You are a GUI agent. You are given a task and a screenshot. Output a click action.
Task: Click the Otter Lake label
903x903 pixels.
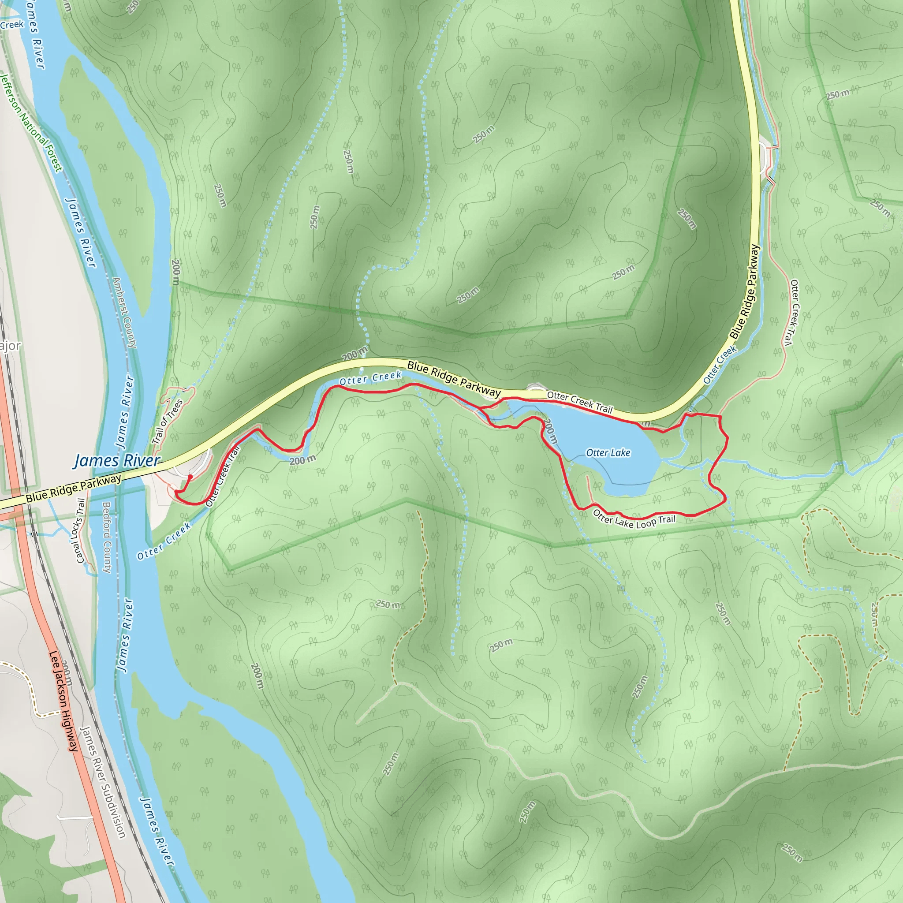608,452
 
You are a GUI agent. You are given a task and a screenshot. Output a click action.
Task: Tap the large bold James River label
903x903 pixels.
117,461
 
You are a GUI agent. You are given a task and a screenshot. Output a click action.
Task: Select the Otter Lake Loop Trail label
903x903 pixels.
634,519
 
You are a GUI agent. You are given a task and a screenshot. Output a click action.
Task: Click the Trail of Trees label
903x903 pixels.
167,422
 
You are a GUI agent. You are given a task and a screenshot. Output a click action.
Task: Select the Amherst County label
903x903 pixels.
124,313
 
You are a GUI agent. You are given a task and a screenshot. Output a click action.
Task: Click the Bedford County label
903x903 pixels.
107,537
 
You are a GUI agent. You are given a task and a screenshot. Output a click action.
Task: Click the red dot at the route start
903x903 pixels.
190,477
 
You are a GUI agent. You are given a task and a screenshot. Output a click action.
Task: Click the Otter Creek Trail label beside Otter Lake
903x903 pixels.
579,402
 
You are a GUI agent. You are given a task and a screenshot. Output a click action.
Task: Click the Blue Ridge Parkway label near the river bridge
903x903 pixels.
74,488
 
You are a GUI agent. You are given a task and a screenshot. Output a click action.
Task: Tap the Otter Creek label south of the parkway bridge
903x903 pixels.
164,541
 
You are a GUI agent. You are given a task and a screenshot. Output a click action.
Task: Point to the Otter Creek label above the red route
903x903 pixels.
370,378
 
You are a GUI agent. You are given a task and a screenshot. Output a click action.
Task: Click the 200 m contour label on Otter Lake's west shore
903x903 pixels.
551,431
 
